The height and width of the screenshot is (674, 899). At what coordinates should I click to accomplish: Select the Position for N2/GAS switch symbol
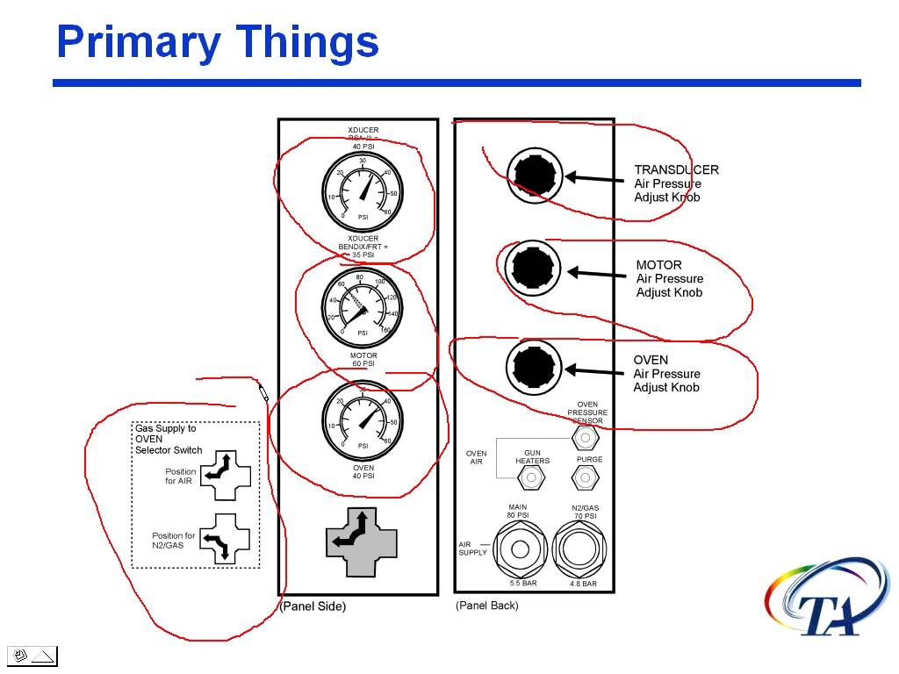226,538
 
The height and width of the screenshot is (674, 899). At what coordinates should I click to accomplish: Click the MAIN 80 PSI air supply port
520,550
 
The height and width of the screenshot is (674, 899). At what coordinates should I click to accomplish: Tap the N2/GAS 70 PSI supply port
580,550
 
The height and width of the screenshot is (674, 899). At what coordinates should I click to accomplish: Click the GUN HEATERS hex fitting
530,477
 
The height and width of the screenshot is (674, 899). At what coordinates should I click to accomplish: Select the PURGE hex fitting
585,477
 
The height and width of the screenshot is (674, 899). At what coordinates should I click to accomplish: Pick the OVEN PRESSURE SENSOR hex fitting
585,436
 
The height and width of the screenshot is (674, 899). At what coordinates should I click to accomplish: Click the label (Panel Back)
487,606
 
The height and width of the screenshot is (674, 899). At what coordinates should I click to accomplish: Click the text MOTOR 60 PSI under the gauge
363,359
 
